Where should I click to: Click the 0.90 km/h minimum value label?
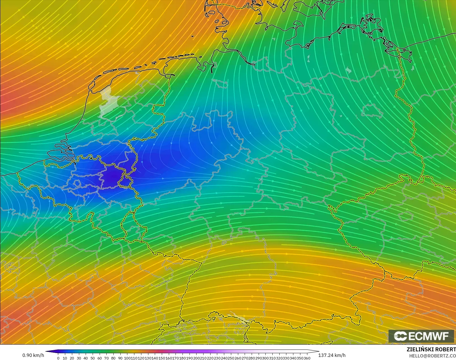[33, 355]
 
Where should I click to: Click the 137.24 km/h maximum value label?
[332, 355]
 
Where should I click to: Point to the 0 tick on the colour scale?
[58, 358]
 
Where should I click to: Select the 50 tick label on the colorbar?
[92, 358]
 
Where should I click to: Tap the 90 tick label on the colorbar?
[120, 358]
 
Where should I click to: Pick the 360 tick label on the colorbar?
[307, 358]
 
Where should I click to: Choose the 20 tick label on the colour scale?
[72, 358]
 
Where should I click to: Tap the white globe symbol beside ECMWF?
[400, 336]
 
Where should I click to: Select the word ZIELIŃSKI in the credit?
[418, 349]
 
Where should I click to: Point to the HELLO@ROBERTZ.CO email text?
[432, 356]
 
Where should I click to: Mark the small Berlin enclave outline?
[372, 111]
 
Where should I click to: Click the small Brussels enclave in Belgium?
[77, 183]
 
